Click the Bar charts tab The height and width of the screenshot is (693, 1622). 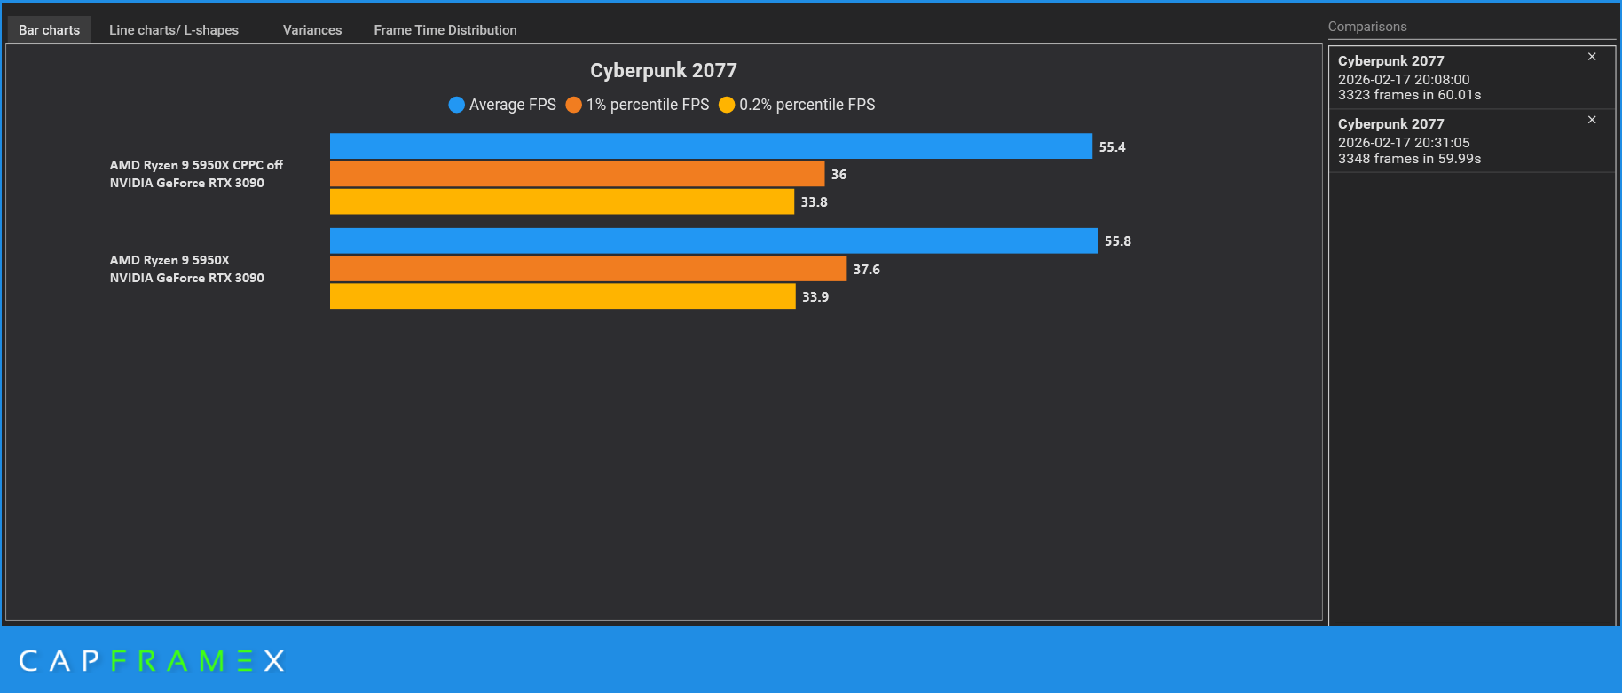(x=50, y=30)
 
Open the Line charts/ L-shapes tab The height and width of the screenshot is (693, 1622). (x=174, y=30)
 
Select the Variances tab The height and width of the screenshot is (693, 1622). (x=312, y=30)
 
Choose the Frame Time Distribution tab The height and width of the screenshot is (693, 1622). (x=445, y=30)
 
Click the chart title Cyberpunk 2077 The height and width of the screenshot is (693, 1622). (x=664, y=70)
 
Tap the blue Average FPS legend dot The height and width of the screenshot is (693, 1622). (x=457, y=105)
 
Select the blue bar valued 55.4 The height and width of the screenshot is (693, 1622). (x=710, y=146)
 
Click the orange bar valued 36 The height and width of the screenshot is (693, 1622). (x=577, y=174)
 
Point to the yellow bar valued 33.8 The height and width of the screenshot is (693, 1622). (x=562, y=201)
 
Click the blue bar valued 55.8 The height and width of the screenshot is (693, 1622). (x=713, y=240)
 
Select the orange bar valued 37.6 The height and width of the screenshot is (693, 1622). (x=587, y=269)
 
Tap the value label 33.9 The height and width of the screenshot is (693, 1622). (x=815, y=297)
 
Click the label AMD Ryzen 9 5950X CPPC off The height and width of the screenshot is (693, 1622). (x=196, y=165)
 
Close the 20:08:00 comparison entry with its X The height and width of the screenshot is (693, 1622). (x=1592, y=57)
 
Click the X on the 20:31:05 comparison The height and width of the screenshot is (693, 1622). (x=1592, y=120)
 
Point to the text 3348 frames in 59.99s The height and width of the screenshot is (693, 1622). (x=1409, y=159)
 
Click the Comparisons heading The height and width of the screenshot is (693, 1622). (x=1367, y=27)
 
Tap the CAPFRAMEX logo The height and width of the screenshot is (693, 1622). (x=152, y=661)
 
